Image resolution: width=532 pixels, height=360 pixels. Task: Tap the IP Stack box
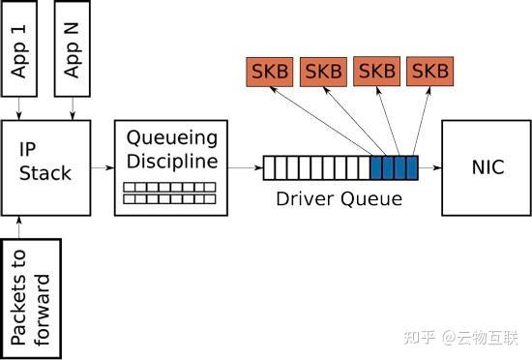pyautogui.click(x=45, y=166)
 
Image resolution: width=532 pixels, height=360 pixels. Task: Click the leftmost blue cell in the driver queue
pyautogui.click(x=376, y=168)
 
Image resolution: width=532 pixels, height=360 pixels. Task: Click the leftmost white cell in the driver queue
pyautogui.click(x=270, y=168)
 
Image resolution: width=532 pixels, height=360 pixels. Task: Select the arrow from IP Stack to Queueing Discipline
pyautogui.click(x=102, y=167)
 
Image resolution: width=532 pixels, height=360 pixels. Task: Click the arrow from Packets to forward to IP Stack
pyautogui.click(x=19, y=226)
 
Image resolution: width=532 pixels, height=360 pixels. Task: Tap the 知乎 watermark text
pyautogui.click(x=418, y=338)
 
